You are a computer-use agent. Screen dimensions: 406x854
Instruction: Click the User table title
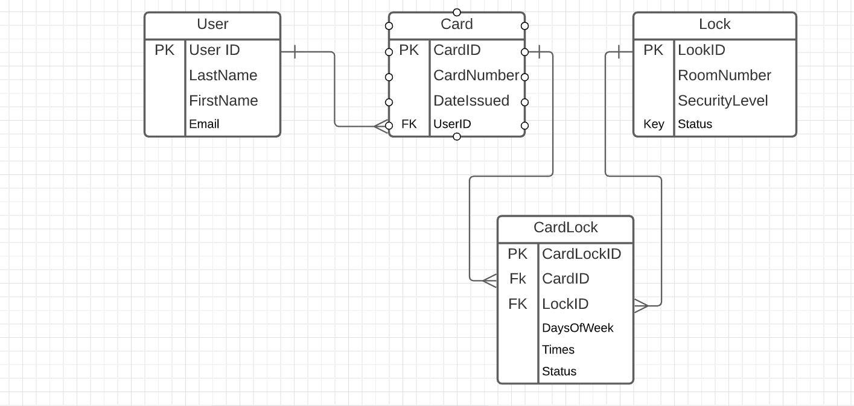[212, 24]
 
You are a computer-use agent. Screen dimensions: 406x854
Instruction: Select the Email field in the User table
[204, 124]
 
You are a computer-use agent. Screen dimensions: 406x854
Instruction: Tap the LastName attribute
[223, 75]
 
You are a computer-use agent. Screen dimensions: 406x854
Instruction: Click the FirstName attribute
[223, 101]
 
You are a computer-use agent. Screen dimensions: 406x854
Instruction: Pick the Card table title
[457, 24]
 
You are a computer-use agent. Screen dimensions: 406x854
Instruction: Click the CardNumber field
[476, 75]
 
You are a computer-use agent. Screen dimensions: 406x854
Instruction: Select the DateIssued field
[471, 101]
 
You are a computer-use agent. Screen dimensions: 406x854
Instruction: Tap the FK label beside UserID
[409, 124]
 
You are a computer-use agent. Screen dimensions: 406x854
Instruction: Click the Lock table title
[715, 24]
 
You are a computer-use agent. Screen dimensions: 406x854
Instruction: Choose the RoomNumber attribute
[724, 75]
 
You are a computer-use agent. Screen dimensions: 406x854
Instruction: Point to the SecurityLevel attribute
[722, 101]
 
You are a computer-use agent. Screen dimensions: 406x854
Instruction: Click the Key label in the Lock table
[654, 124]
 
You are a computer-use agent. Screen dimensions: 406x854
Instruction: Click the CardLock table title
[566, 227]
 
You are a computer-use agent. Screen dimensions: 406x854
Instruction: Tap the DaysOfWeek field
[578, 328]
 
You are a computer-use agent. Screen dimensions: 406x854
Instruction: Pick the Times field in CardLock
[558, 350]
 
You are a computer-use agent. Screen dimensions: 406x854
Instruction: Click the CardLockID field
[581, 254]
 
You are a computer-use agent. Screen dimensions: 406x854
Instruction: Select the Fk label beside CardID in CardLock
[517, 279]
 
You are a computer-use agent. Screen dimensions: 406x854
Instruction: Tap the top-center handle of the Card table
[457, 12]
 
